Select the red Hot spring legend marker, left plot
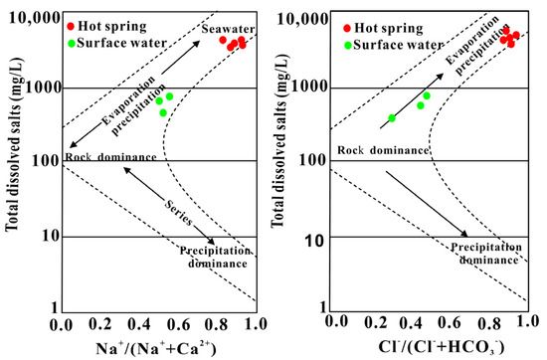75,25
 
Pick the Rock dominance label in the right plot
383,151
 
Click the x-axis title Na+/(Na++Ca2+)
157,347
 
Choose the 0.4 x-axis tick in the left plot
138,324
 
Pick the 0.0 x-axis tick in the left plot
66,324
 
